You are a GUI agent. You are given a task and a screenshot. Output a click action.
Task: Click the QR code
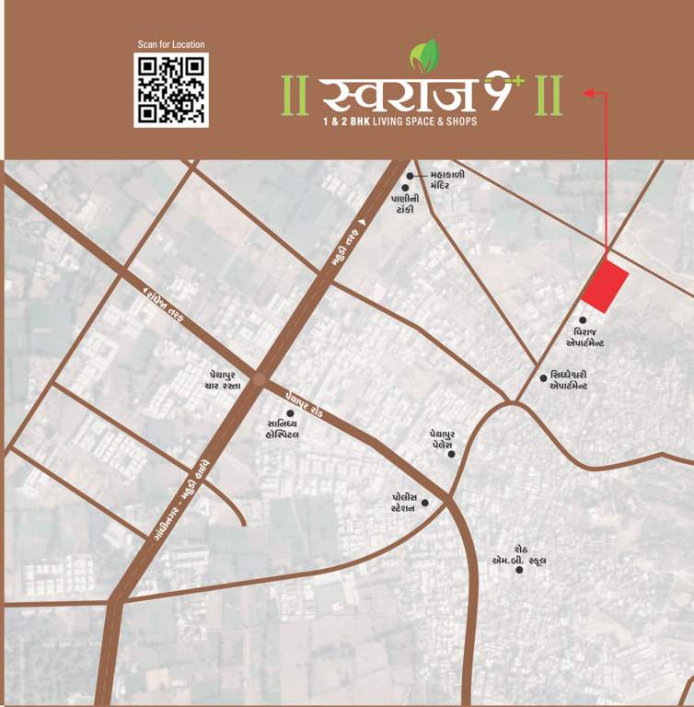[x=171, y=89]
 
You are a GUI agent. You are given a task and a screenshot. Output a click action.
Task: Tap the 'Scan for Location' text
[x=171, y=43]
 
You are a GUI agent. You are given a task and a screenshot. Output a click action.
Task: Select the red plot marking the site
[x=606, y=286]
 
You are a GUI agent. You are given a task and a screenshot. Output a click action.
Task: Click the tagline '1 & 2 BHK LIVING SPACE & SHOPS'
[x=399, y=122]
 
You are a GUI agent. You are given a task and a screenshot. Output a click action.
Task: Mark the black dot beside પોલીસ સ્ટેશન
[x=425, y=503]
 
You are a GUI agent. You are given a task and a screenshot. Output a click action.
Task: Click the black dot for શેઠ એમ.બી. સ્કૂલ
[x=519, y=570]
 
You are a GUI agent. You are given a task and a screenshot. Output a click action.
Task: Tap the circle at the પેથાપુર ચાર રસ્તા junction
[x=260, y=378]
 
